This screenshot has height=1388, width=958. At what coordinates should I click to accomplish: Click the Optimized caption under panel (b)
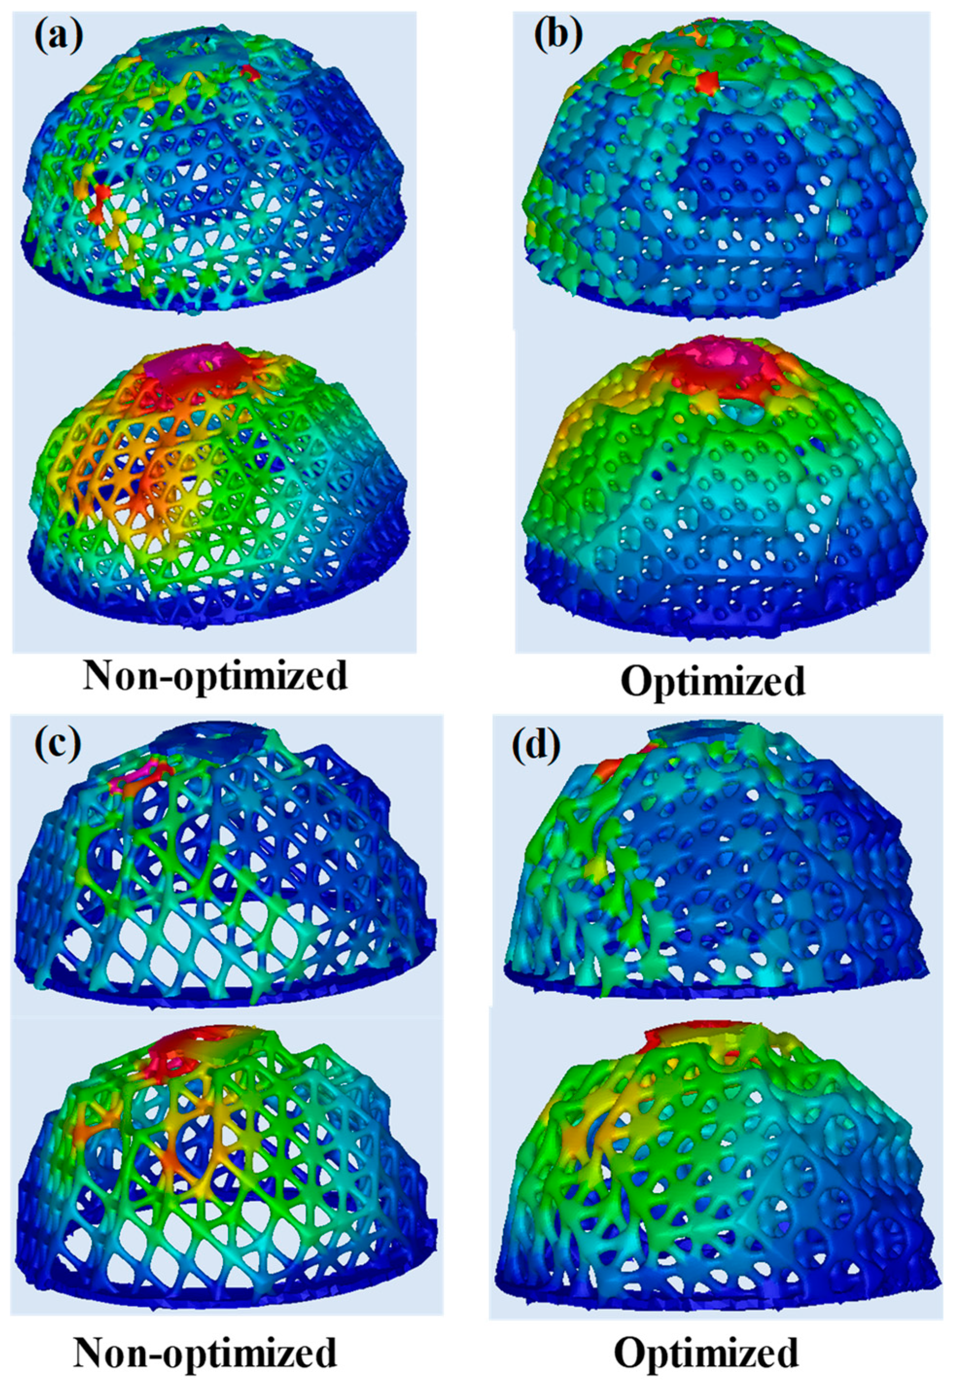(712, 680)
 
